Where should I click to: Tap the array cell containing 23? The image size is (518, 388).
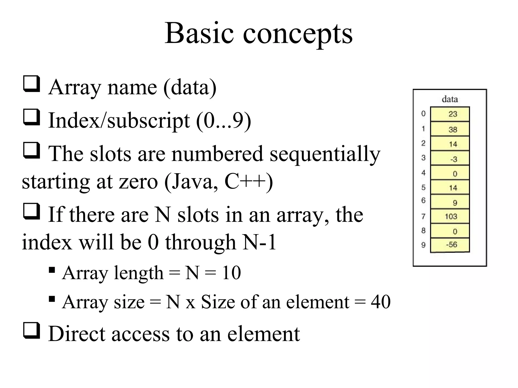(450, 114)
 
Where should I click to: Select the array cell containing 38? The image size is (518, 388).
(450, 129)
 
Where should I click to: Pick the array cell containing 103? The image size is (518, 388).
(450, 216)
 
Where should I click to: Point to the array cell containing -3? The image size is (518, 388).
(450, 159)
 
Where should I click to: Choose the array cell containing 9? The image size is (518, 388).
(450, 202)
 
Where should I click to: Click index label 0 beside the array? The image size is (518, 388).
(423, 114)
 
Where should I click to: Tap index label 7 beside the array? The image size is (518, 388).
(423, 216)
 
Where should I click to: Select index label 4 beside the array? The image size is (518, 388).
(423, 173)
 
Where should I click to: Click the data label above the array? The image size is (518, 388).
(450, 99)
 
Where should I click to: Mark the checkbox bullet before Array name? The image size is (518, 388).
(31, 84)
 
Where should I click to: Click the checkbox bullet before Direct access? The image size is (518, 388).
(31, 330)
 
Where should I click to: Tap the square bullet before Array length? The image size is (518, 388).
(52, 270)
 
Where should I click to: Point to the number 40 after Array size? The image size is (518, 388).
(381, 302)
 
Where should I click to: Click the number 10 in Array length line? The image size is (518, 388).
(231, 273)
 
